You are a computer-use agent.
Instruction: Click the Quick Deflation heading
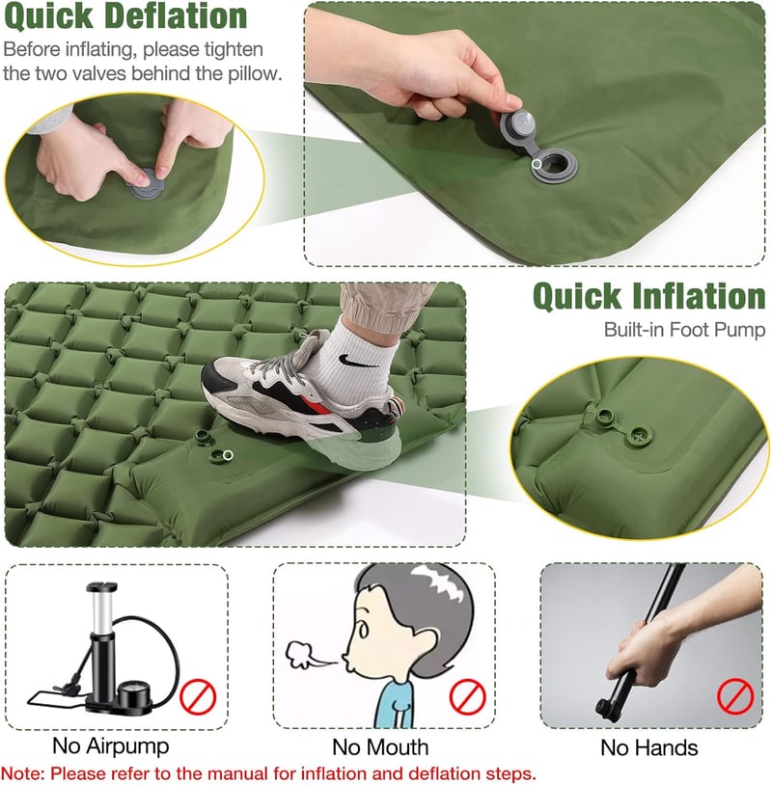pyautogui.click(x=125, y=16)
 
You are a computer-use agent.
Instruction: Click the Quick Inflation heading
pyautogui.click(x=648, y=296)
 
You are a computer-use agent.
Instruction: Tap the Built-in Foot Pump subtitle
pyautogui.click(x=684, y=330)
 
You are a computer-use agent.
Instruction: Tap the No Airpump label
pyautogui.click(x=110, y=746)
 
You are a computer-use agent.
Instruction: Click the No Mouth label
pyautogui.click(x=380, y=747)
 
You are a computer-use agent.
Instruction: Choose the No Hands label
pyautogui.click(x=648, y=748)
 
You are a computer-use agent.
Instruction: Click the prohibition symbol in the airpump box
pyautogui.click(x=198, y=697)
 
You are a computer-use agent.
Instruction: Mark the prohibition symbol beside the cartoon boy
pyautogui.click(x=467, y=696)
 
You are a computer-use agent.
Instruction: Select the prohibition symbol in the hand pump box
pyautogui.click(x=735, y=696)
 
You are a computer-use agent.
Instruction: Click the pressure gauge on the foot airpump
pyautogui.click(x=134, y=695)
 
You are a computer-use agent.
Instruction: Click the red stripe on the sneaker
pyautogui.click(x=315, y=401)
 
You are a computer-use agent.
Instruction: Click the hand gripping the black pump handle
pyautogui.click(x=647, y=646)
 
